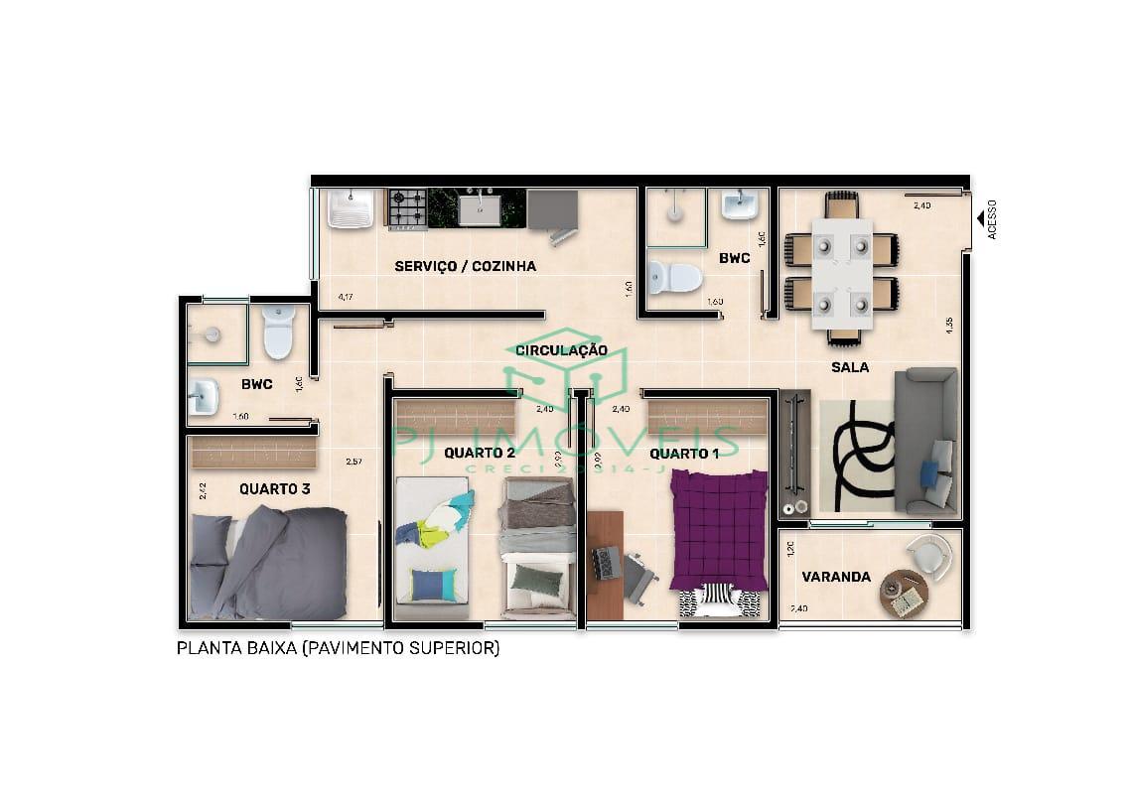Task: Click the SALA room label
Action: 850,367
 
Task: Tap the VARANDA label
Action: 836,577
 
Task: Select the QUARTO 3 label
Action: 275,488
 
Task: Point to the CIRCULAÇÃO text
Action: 561,350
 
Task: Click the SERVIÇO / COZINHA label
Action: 465,266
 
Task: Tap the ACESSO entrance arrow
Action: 980,217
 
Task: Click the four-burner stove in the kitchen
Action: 407,208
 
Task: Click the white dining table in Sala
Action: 842,274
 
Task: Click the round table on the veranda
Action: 904,594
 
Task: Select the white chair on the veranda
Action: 930,552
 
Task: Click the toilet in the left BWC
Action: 279,333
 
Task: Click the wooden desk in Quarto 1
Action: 604,565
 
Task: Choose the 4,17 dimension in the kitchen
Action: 346,297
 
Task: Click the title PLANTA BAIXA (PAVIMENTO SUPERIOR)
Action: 338,649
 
